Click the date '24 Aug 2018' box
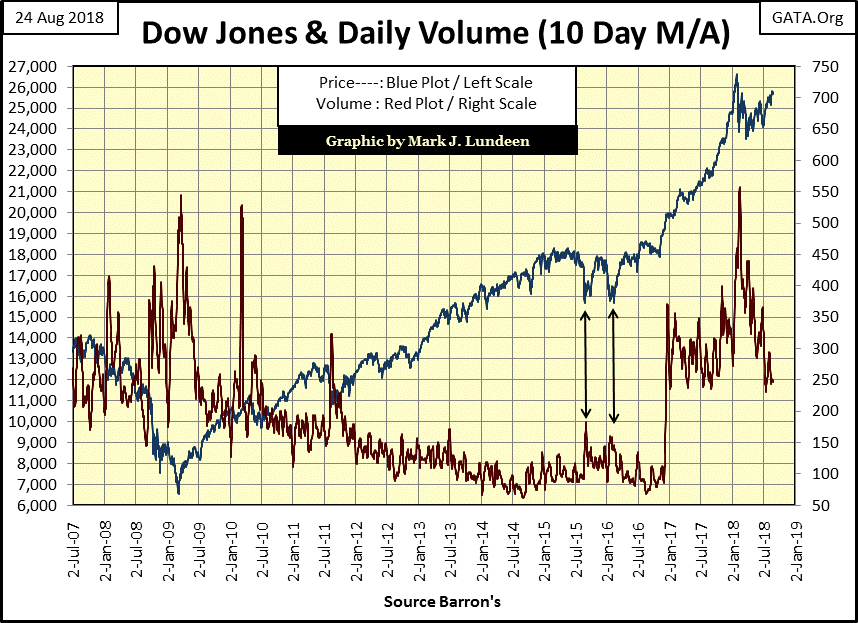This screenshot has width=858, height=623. pos(61,16)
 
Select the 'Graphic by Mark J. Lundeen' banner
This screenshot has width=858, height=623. pos(428,141)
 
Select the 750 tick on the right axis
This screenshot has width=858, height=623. pos(814,66)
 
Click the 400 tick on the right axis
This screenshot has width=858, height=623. pos(814,286)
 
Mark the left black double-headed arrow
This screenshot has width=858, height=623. pos(586,364)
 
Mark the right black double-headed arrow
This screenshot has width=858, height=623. pos(613,364)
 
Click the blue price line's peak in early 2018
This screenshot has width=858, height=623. pos(736,75)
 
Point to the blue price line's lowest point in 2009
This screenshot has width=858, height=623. pos(178,492)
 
